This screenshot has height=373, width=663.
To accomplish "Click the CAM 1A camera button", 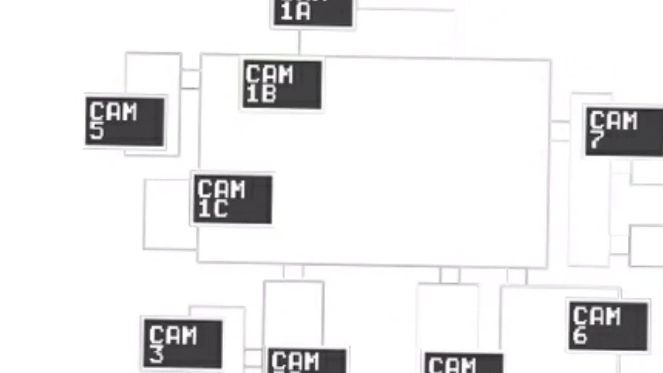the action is pos(313,12).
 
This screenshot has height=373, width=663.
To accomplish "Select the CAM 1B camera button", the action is pos(282,84).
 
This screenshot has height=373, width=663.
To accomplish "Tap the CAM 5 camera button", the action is pos(125,121).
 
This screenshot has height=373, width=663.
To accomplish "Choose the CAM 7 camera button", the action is pos(624,132).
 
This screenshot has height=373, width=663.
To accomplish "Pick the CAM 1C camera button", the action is pos(233,199).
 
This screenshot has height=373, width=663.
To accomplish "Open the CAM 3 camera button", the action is pos(183,343).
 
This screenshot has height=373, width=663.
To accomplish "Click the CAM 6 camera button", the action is pos(608,326).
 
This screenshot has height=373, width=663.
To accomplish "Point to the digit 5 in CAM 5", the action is pos(97,132).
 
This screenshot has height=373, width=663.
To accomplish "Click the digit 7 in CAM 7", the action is pos(597,141).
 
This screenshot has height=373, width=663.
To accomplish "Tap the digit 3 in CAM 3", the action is pos(156,354).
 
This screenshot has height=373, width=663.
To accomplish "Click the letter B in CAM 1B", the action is pos(268,94).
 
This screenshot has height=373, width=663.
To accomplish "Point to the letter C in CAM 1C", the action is pos(220,209).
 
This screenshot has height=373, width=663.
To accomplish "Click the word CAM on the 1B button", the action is pos(269,75).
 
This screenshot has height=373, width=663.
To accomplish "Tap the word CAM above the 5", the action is pos(113,111).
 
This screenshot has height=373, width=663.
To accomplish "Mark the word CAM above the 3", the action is pos(173,335).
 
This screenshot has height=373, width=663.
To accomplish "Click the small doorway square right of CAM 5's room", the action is pos(190,79).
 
